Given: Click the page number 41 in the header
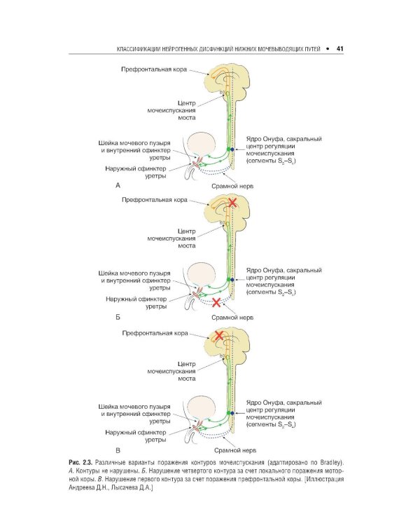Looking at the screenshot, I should (339, 49).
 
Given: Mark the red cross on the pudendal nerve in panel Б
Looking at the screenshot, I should (216, 303).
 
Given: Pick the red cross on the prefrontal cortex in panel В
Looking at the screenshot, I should (219, 336).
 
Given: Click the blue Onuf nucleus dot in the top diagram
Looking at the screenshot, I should (232, 149).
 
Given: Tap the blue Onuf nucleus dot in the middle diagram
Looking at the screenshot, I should (232, 280).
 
